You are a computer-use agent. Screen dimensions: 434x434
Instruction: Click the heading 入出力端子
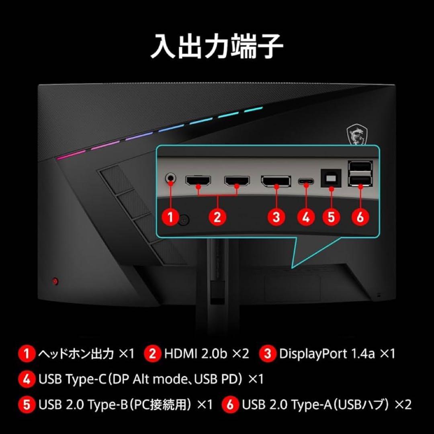tap(217, 47)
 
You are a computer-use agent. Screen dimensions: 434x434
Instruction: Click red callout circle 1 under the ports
tap(171, 217)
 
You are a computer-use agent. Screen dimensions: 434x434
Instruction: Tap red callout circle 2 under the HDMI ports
tap(217, 217)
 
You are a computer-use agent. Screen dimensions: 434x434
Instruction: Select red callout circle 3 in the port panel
tap(276, 217)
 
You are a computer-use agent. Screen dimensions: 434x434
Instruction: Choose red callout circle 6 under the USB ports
tap(360, 217)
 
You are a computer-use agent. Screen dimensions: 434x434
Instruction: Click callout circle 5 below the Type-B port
tap(331, 217)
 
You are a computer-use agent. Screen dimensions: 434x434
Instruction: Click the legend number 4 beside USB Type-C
tap(27, 379)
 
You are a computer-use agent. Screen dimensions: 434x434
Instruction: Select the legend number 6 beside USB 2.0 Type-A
tap(230, 404)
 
